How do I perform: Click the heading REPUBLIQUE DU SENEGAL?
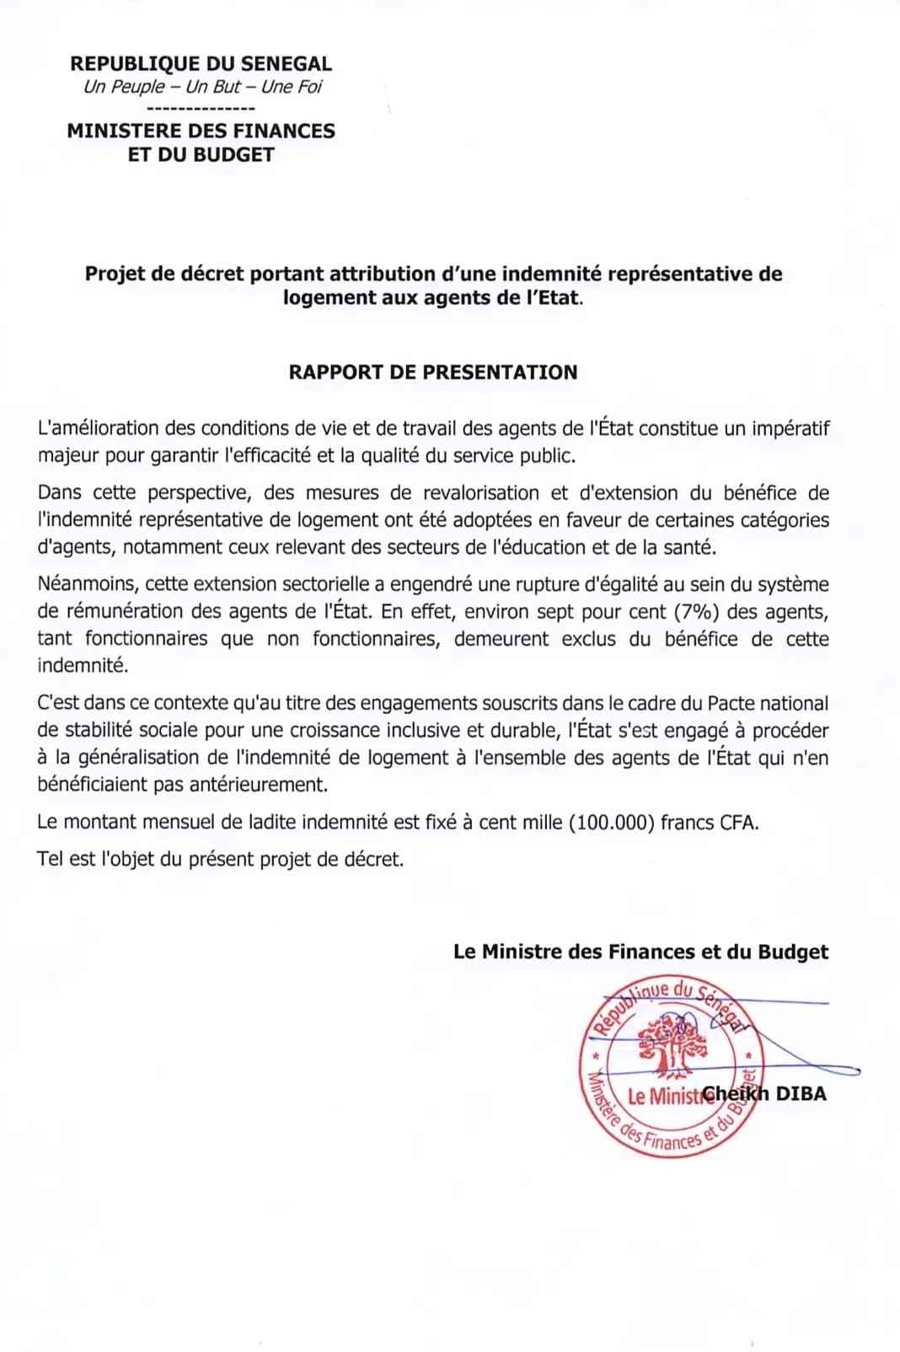click(x=201, y=64)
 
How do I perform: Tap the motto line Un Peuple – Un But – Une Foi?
click(x=202, y=87)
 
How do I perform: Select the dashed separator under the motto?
click(x=201, y=109)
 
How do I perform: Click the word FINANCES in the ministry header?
click(x=287, y=131)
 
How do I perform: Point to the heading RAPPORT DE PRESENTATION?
click(x=433, y=373)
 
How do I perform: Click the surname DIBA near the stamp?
click(x=801, y=1094)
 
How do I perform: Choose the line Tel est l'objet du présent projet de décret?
click(x=221, y=860)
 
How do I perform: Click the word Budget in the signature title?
click(x=793, y=952)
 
